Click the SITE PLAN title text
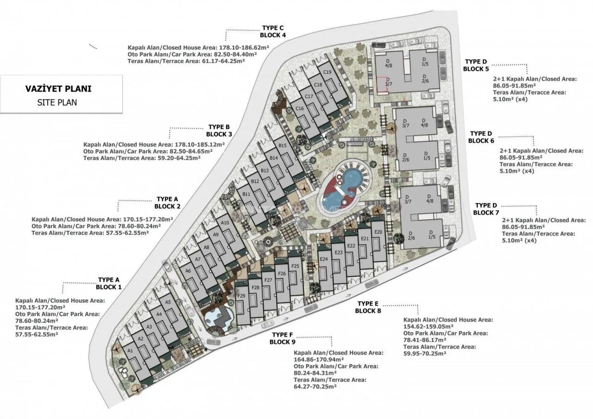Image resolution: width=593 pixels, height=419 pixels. pos(57,102)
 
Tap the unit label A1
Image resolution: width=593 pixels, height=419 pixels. pos(130,351)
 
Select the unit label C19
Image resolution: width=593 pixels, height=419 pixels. pos(327,72)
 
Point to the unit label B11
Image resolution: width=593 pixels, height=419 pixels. pos(246,194)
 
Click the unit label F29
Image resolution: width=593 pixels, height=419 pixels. pos(241,296)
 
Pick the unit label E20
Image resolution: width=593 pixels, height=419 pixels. pos(379,232)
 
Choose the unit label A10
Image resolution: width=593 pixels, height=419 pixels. pos(225,223)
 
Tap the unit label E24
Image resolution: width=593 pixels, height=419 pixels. pos(324,259)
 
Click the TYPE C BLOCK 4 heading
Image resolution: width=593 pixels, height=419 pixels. pos(273,32)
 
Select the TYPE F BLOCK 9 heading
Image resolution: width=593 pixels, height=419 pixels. pos(283,338)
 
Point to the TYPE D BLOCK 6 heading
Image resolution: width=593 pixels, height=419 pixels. pos(481,137)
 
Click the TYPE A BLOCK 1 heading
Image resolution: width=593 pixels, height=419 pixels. pos(108,283)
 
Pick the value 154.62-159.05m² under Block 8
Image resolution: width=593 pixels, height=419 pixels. pos(428,327)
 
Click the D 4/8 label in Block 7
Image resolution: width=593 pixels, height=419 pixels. pos(429,199)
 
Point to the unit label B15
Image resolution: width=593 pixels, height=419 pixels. pos(283,145)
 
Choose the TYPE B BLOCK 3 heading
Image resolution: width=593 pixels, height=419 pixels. pos(219,131)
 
